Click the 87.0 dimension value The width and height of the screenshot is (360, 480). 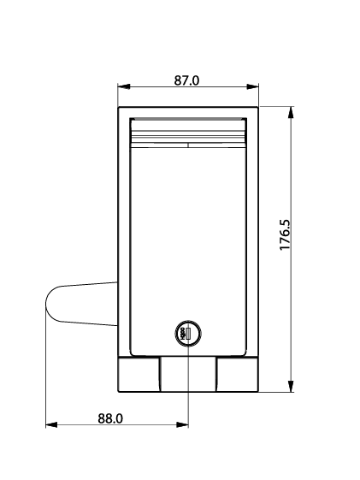pos(186,80)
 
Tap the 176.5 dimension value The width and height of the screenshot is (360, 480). pos(285,234)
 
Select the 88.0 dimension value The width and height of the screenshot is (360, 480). pos(110,418)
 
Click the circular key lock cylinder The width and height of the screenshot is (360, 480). pos(188,334)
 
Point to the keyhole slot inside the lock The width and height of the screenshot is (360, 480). pos(188,334)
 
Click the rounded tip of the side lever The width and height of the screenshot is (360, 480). pos(47,304)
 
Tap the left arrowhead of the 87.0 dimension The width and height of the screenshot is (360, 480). pos(124,86)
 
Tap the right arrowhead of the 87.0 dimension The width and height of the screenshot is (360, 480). pos(252,86)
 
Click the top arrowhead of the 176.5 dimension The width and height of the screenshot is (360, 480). pos(291,112)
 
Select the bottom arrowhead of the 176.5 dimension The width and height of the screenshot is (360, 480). pos(291,386)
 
